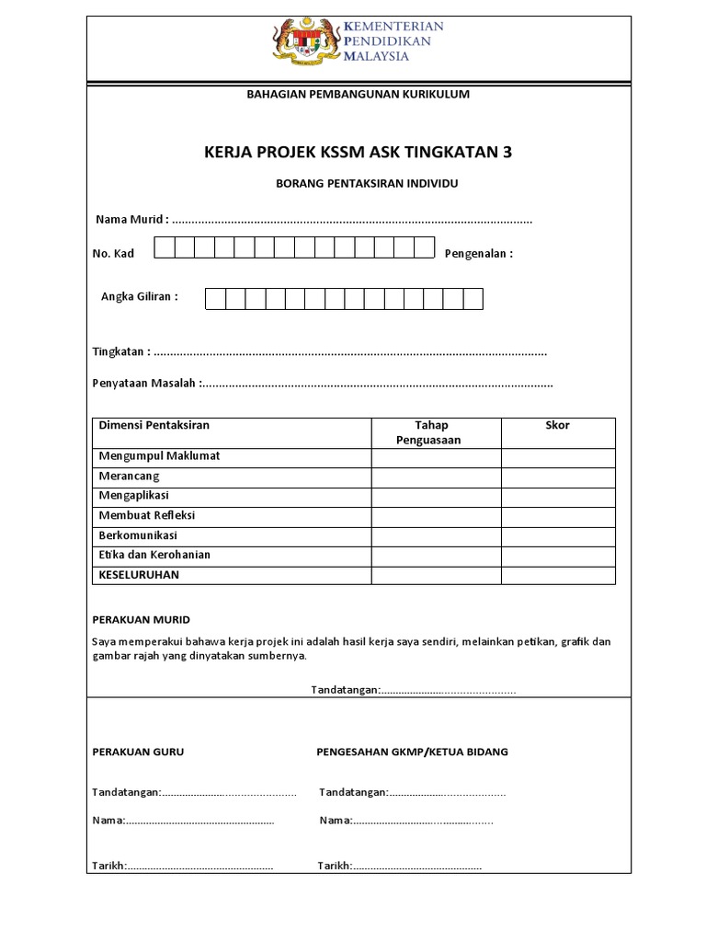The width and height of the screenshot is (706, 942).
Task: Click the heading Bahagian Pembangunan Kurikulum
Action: point(359,94)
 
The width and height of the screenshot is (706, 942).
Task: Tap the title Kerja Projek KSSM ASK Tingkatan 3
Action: point(358,152)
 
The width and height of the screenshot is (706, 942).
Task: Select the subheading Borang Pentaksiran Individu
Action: point(367,184)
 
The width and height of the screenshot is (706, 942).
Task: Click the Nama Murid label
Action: point(132,220)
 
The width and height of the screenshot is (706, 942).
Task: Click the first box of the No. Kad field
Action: point(164,247)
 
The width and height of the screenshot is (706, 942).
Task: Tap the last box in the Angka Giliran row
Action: point(473,299)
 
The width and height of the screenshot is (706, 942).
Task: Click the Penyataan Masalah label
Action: point(146,383)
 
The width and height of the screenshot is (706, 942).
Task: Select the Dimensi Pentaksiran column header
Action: point(154,425)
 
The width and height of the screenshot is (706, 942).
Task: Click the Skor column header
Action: point(557,425)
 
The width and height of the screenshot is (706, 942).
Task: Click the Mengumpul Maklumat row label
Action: point(159,456)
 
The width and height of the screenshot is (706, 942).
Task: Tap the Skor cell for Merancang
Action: point(557,477)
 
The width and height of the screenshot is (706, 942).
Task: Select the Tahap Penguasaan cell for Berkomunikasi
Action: point(436,536)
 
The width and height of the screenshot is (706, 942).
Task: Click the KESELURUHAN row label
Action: point(139,575)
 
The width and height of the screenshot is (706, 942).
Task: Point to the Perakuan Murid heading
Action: point(141,620)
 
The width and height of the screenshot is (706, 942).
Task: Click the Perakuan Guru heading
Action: point(138,752)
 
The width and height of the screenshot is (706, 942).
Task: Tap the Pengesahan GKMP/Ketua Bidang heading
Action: point(412,752)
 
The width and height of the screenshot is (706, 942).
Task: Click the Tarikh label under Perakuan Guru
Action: point(108,866)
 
